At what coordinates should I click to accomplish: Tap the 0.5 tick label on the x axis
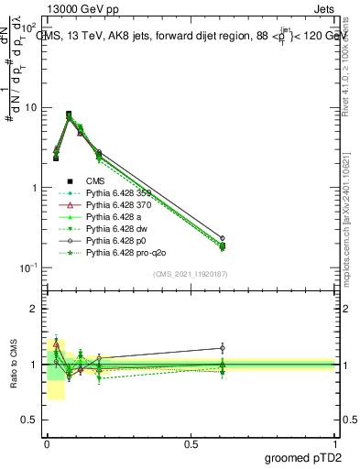[x=191, y=443]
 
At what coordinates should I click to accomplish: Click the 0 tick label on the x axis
[x=47, y=443]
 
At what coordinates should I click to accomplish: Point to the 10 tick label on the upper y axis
[x=30, y=107]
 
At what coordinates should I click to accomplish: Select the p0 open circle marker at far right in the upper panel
[x=222, y=238]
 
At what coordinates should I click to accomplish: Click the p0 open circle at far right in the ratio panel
[x=222, y=348]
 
